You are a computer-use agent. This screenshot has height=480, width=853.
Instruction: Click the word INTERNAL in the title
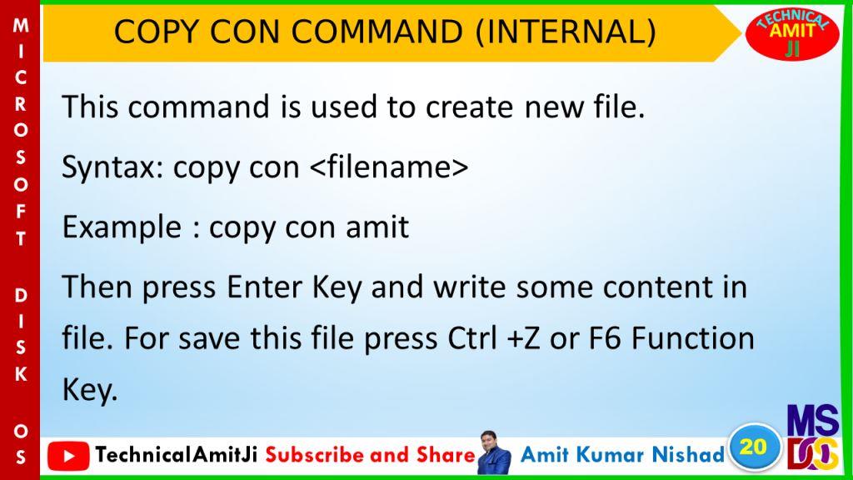click(x=566, y=32)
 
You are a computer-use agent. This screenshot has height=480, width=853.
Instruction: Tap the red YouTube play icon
click(x=68, y=456)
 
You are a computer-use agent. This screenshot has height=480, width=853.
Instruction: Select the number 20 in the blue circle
click(x=753, y=447)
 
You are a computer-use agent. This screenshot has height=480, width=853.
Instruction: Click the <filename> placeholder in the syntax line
click(x=389, y=166)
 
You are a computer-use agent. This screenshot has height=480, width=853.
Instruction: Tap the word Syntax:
click(x=112, y=167)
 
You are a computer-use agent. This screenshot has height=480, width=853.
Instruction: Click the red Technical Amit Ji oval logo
click(x=792, y=33)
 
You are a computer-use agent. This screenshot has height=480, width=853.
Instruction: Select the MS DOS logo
click(x=813, y=437)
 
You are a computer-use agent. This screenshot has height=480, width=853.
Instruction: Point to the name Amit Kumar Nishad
click(x=622, y=454)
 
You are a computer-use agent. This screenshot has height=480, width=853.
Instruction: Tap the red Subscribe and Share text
click(x=371, y=454)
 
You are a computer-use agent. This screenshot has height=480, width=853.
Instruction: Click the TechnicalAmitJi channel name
click(x=177, y=454)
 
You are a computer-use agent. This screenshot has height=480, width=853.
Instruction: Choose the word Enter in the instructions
click(x=264, y=287)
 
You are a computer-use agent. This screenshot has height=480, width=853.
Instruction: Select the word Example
click(x=122, y=227)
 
